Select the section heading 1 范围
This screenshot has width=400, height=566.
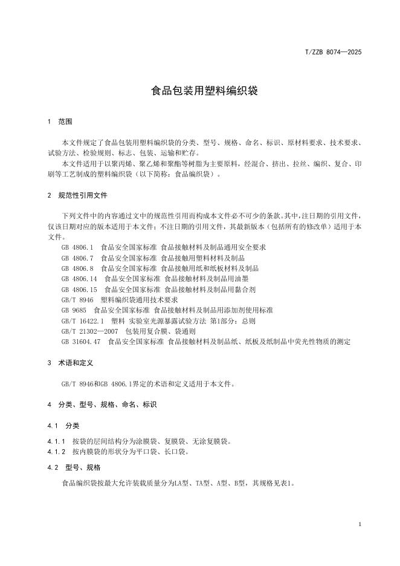pyautogui.click(x=60, y=122)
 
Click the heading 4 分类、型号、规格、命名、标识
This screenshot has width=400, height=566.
pyautogui.click(x=102, y=404)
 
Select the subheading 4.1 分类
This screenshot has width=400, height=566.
pyautogui.click(x=63, y=425)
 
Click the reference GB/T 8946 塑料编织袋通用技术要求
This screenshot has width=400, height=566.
pyautogui.click(x=120, y=299)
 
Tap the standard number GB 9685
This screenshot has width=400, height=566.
pyautogui.click(x=74, y=310)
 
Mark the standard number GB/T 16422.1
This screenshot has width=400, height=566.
pyautogui.click(x=83, y=320)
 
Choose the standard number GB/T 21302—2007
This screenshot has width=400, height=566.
pyautogui.click(x=89, y=331)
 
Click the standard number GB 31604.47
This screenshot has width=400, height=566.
pyautogui.click(x=82, y=342)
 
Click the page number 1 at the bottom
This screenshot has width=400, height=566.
pyautogui.click(x=360, y=524)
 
